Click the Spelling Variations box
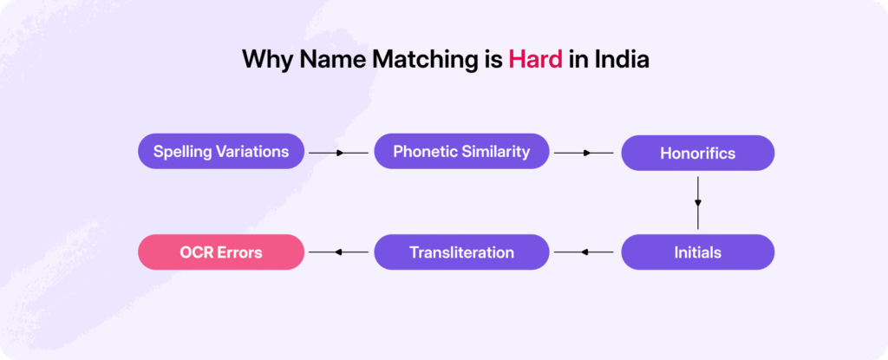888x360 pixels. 221,151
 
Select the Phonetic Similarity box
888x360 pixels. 461,151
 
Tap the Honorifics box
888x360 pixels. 698,153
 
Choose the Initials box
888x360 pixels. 698,252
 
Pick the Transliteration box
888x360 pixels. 461,252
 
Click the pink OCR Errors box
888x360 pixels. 221,252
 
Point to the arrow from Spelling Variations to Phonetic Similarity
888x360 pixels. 339,153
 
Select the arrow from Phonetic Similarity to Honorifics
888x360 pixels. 584,153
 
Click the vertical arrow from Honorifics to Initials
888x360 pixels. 698,203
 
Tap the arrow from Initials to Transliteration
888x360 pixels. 584,252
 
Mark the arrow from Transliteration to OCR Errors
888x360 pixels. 339,252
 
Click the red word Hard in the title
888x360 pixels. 535,60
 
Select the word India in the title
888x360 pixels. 622,60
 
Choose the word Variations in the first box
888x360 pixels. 253,151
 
